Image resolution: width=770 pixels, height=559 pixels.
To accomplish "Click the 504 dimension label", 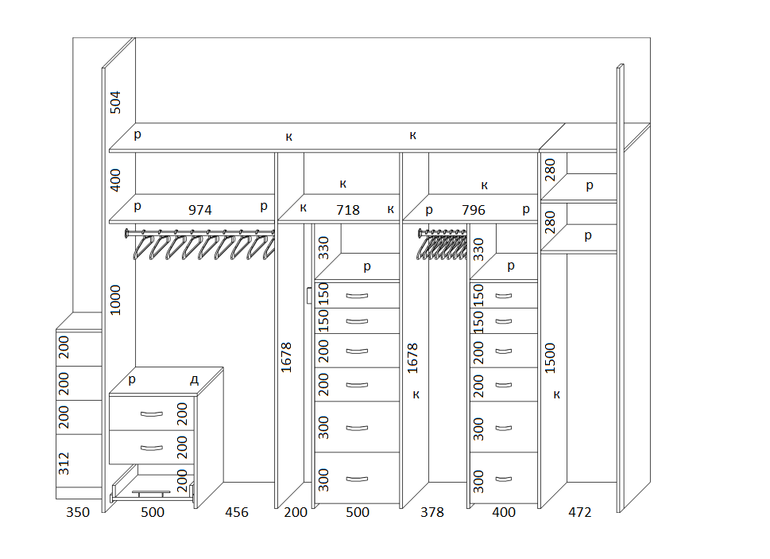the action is [x=115, y=102].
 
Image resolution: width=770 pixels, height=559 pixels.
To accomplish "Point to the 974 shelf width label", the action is [x=200, y=210].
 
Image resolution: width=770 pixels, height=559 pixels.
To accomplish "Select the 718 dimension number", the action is [x=348, y=210].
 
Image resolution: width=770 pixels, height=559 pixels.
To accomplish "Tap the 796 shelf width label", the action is [x=474, y=210].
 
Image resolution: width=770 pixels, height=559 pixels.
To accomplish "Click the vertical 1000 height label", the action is [x=115, y=300].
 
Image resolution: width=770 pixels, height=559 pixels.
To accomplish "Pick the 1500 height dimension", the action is [x=550, y=358].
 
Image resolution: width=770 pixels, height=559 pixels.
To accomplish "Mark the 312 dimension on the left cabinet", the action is [x=64, y=464].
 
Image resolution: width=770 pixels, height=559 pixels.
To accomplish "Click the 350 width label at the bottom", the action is [x=78, y=512].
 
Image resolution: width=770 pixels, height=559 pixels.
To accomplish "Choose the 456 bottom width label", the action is [x=237, y=512].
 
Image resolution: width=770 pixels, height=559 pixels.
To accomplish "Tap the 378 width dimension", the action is [x=432, y=512].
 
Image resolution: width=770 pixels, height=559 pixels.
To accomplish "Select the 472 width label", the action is [x=580, y=512].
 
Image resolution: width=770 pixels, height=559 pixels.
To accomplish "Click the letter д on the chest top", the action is [x=195, y=380].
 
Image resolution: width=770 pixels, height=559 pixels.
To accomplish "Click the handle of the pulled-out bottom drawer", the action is [x=151, y=492].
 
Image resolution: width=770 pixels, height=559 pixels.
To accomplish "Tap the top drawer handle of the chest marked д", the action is [x=152, y=414].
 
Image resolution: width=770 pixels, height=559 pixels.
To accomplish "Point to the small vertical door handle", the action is [x=308, y=296].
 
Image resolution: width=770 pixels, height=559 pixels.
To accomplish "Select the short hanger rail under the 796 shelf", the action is [x=443, y=231].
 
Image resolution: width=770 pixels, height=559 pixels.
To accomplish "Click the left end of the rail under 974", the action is [x=126, y=233].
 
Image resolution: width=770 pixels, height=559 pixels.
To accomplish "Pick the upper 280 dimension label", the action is [x=550, y=170].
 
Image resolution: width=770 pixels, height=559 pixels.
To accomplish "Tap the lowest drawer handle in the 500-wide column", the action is [x=357, y=479].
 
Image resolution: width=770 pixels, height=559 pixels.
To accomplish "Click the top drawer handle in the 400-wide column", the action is [x=503, y=296].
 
